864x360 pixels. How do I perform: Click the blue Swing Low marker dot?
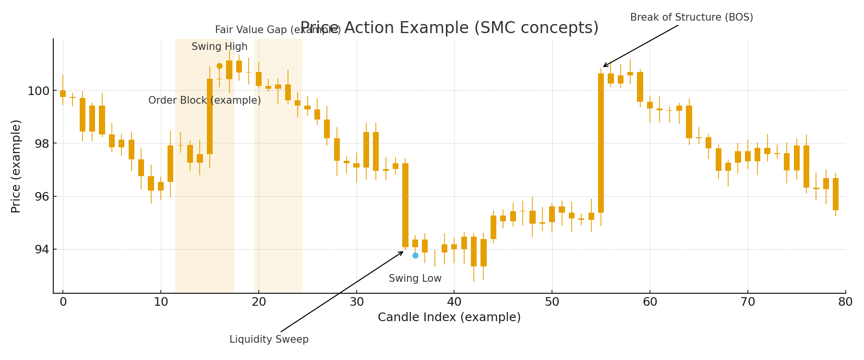click(415, 255)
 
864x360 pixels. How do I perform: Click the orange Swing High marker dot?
click(219, 66)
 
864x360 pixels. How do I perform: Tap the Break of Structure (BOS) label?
click(691, 17)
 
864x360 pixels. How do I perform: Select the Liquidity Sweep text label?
click(269, 339)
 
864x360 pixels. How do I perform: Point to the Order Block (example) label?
click(204, 100)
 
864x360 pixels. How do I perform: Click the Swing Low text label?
click(415, 278)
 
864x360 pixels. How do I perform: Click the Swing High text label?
click(219, 47)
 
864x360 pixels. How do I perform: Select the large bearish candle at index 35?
click(405, 205)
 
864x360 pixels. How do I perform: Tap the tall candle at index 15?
click(210, 116)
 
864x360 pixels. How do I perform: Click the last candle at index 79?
click(836, 194)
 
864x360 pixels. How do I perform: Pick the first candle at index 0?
click(63, 94)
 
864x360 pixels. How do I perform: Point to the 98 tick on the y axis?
click(40, 144)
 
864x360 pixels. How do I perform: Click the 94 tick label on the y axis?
click(40, 249)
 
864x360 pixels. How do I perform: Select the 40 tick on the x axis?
click(454, 302)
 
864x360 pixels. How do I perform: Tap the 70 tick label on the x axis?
click(748, 302)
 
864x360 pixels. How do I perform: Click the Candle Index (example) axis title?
click(449, 317)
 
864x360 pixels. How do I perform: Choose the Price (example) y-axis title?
click(16, 166)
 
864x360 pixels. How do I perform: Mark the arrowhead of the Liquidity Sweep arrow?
click(402, 252)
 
